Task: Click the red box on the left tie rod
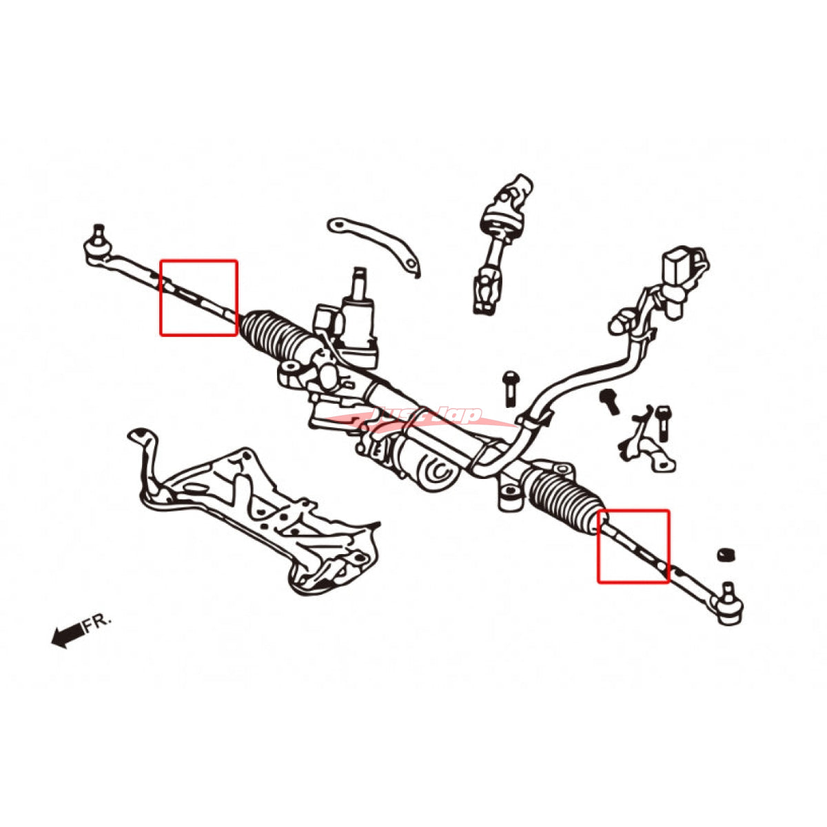[198, 298]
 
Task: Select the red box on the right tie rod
[633, 546]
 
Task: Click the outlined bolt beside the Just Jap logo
[509, 389]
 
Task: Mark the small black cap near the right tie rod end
[724, 555]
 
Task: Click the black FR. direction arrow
[67, 636]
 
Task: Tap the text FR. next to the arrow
[97, 622]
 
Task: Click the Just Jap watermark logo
[413, 418]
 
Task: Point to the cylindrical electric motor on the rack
[420, 462]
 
